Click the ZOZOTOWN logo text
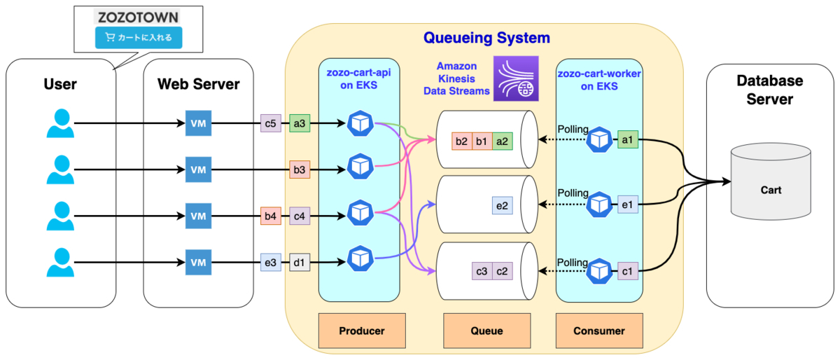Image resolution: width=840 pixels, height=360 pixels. click(137, 17)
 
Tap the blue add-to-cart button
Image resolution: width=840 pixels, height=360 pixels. click(139, 37)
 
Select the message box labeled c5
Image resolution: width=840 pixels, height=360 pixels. click(270, 124)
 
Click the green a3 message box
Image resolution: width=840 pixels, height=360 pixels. click(300, 124)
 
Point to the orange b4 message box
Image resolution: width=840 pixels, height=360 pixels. click(270, 216)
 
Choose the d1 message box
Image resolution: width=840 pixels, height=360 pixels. click(300, 263)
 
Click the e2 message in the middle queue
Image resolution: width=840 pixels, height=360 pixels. click(502, 205)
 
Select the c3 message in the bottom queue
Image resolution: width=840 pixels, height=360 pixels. click(482, 270)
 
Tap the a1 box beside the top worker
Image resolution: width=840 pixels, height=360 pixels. click(628, 140)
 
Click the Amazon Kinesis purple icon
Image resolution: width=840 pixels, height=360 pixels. click(516, 78)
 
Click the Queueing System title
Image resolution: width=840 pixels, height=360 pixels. click(486, 38)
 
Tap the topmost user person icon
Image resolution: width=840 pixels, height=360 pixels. click(59, 124)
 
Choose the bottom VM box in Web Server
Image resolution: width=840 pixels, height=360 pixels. click(198, 263)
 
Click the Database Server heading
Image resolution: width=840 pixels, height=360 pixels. click(769, 90)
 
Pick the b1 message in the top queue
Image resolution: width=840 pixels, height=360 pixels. click(482, 141)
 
